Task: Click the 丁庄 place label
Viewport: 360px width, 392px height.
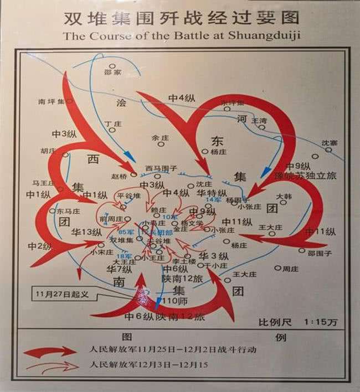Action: coord(112,125)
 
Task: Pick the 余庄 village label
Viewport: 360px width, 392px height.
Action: coord(159,138)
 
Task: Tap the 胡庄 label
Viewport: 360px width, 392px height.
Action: coord(49,149)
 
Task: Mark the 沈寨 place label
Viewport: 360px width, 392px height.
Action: coord(329,142)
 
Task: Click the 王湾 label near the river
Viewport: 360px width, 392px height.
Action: coord(259,120)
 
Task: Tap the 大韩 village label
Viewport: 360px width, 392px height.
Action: coord(284,195)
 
